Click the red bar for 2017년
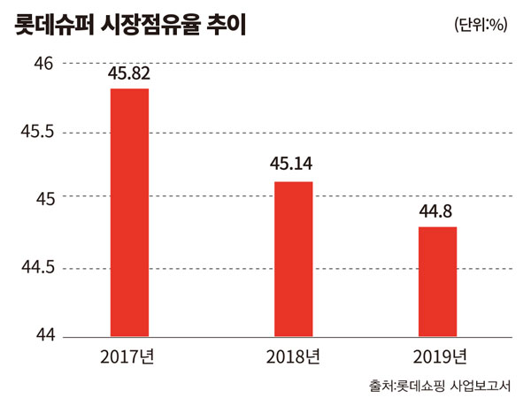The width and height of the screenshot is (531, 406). coord(129,212)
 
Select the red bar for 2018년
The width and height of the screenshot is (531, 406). coord(292,258)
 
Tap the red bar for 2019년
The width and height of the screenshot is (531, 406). coord(437,281)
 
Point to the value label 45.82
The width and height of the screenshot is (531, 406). coord(129,74)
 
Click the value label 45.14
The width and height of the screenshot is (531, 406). coord(292,165)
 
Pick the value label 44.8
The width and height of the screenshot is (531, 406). coord(437,211)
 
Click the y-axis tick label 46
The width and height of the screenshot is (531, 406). coord(44,64)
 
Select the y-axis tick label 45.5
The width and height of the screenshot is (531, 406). coord(38,132)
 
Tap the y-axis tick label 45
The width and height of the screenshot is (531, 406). coord(44,199)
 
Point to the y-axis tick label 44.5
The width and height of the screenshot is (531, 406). coord(38,268)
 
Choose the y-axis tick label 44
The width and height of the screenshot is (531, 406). coord(44,336)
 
